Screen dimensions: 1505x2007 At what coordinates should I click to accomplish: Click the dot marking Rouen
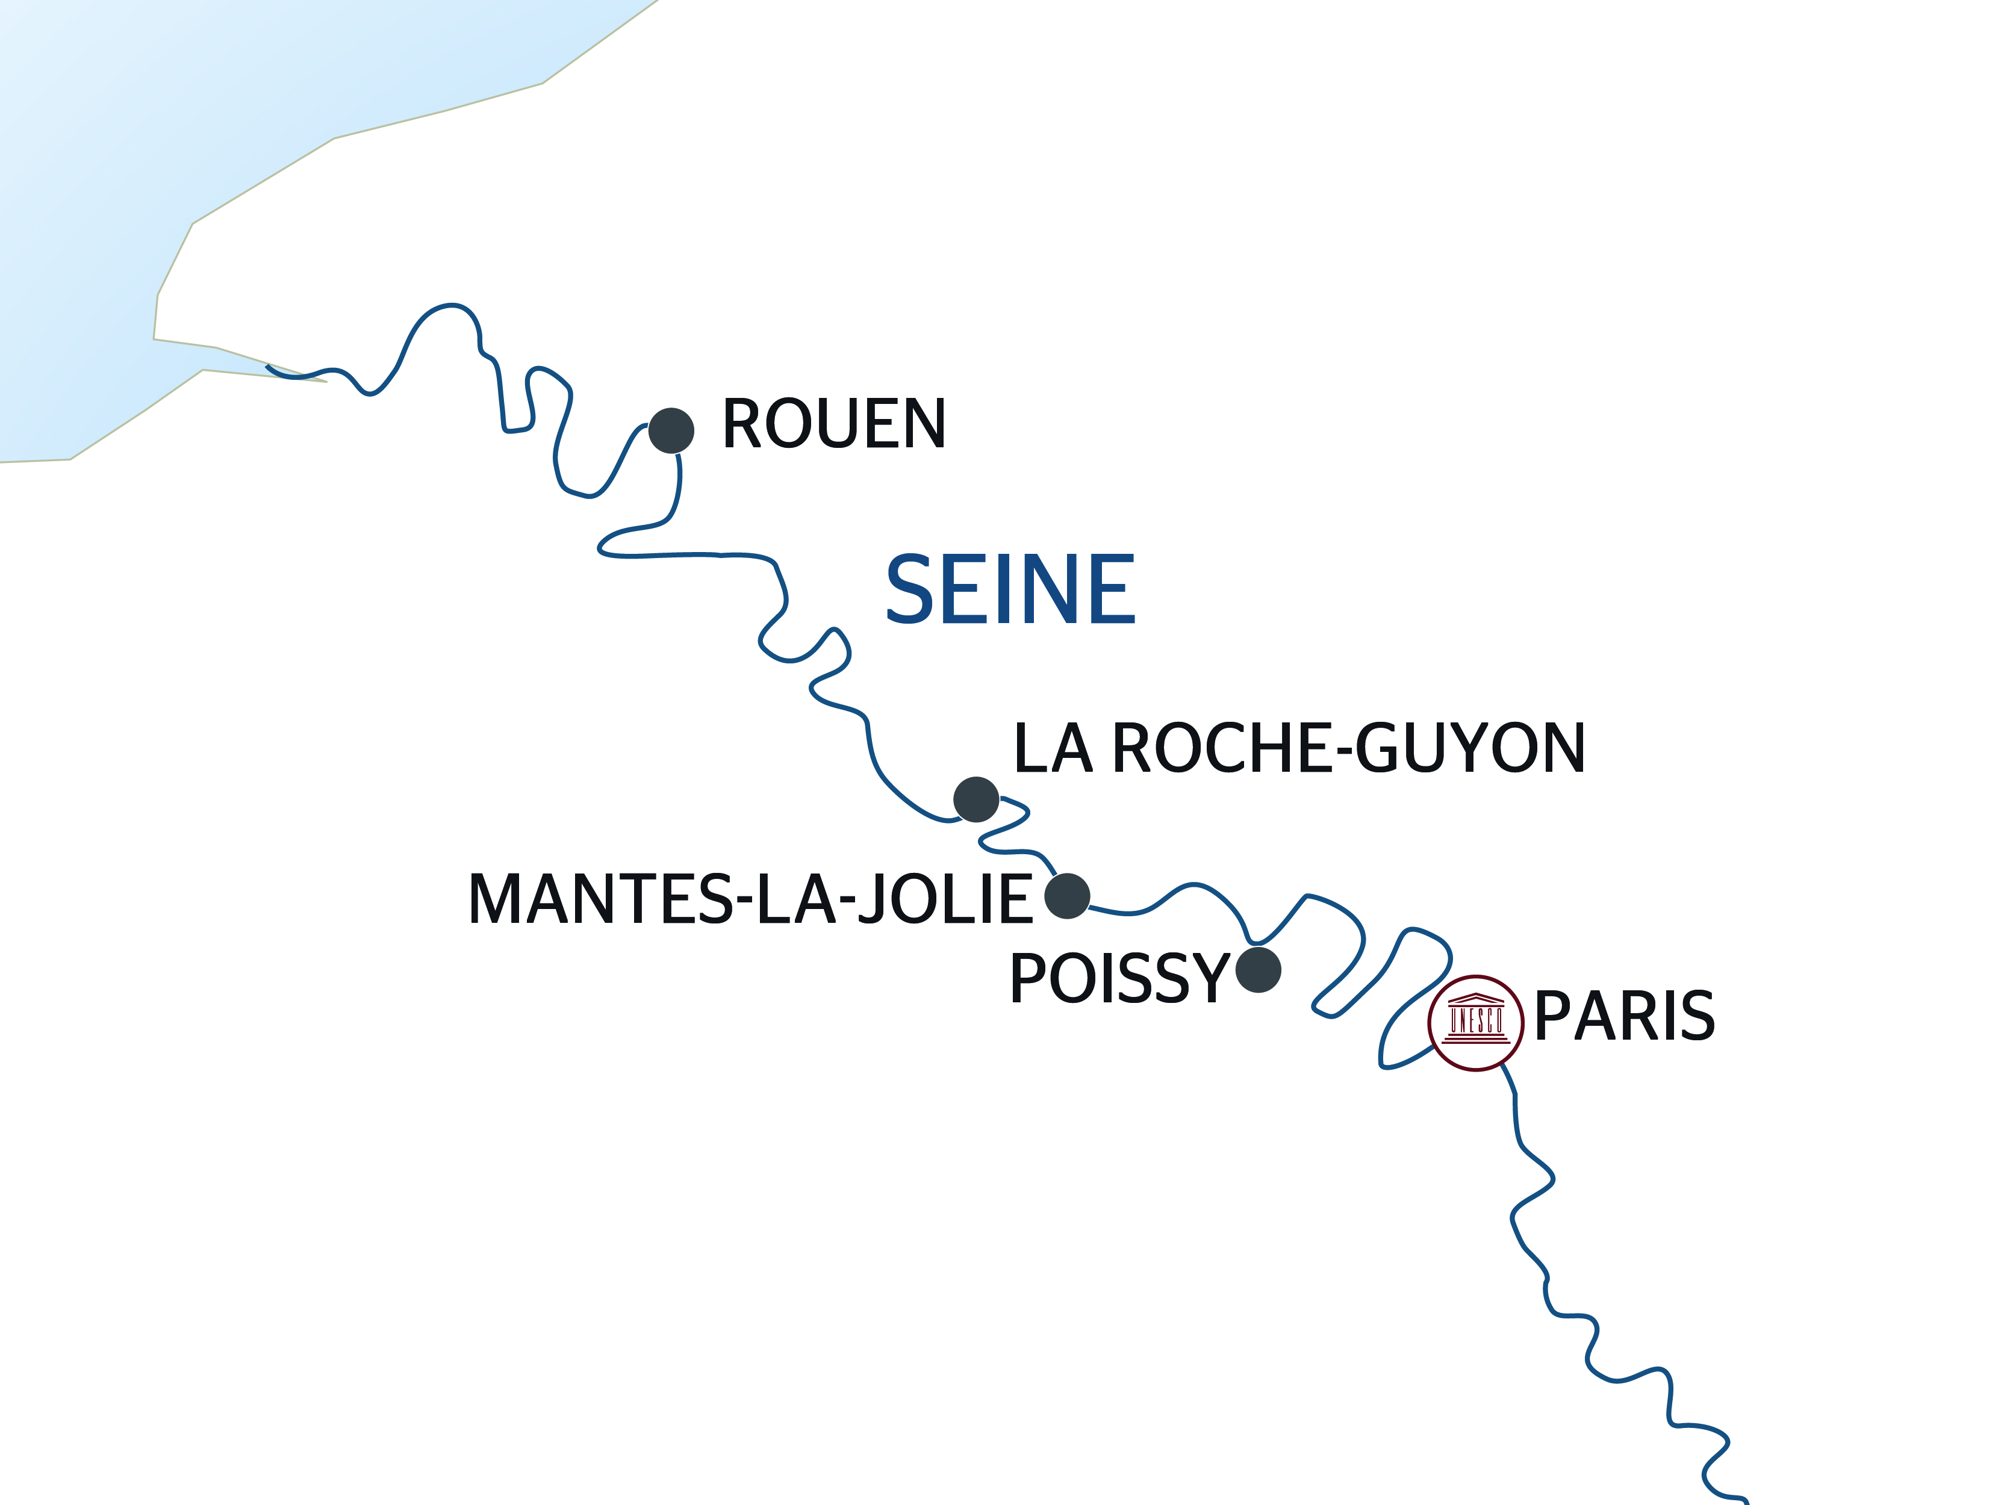coord(671,430)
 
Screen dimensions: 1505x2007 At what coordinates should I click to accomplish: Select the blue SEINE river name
coord(1010,590)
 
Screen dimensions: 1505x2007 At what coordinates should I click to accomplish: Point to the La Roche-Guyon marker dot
coord(976,799)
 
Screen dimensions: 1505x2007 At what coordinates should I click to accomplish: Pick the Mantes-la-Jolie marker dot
coord(1067,896)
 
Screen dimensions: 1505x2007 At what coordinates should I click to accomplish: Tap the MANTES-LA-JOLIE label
coord(750,900)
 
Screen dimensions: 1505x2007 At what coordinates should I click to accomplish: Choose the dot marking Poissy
coord(1259,970)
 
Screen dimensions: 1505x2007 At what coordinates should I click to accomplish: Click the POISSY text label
coord(1119,979)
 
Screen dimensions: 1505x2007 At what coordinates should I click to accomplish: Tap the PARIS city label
coord(1624,1016)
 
